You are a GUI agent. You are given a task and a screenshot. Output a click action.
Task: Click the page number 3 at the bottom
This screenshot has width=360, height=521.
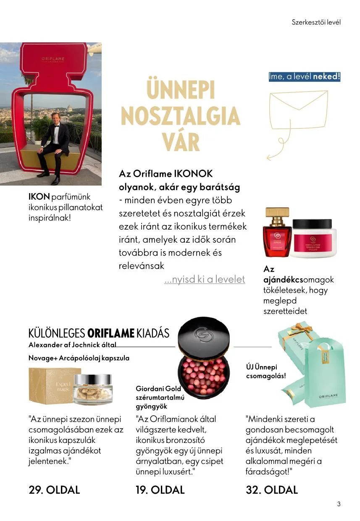[339, 504]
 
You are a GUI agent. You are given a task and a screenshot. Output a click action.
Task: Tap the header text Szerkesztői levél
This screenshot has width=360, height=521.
[316, 22]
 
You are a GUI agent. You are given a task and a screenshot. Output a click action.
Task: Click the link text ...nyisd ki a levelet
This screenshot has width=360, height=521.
[205, 279]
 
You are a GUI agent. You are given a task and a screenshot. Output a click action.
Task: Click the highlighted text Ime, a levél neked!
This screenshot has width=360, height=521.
[305, 77]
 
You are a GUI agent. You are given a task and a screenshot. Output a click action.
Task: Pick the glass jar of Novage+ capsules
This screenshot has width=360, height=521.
[92, 385]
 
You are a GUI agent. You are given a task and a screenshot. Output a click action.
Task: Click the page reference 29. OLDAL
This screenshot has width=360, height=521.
[54, 490]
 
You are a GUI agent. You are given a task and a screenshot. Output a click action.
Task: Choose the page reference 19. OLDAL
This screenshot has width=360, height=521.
[160, 490]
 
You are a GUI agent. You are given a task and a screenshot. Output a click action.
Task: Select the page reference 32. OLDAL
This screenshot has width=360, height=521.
[272, 490]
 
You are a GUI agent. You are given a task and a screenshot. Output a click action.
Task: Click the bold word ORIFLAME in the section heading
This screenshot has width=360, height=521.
[111, 334]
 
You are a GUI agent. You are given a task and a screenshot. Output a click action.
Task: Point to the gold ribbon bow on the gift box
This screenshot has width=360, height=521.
[302, 331]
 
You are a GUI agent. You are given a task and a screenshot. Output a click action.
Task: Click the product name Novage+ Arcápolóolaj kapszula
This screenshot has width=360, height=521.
[79, 358]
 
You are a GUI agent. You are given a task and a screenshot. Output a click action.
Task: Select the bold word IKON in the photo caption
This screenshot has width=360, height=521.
[39, 197]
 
